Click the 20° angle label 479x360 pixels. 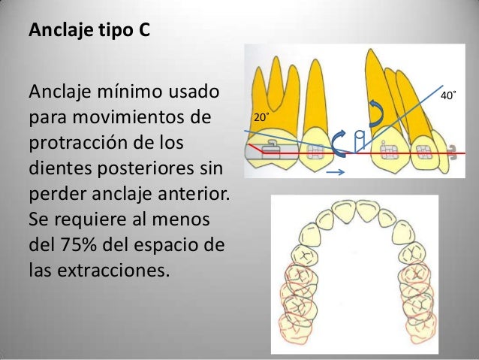(261, 119)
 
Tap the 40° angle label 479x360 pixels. (448, 96)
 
